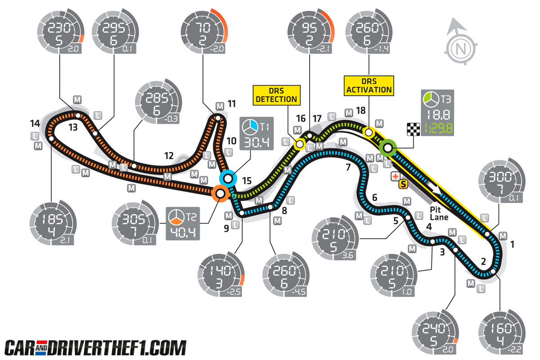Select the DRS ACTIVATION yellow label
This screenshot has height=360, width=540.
(x=369, y=85)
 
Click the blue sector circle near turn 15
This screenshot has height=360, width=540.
(x=228, y=179)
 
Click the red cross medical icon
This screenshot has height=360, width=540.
(x=396, y=176)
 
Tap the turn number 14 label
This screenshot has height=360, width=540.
(x=35, y=123)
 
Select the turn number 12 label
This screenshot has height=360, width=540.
(x=168, y=156)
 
